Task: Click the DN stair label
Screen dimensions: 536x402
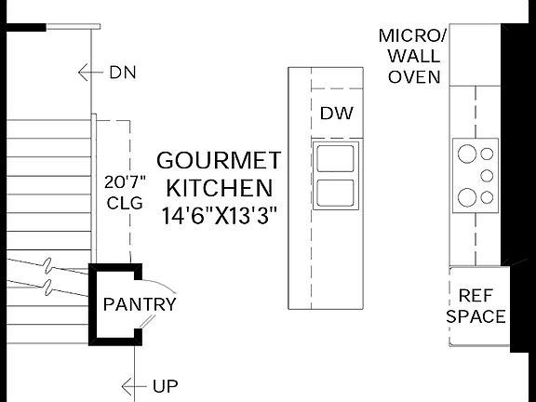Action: (123, 73)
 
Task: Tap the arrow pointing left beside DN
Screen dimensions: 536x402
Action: (90, 73)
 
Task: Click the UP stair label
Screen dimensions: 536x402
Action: (166, 386)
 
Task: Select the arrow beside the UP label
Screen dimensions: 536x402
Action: (134, 386)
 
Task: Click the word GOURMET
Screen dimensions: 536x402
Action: (219, 161)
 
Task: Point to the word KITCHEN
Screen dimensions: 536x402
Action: (220, 188)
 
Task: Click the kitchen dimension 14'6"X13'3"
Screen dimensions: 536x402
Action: (219, 216)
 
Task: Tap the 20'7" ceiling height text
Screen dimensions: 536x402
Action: (125, 182)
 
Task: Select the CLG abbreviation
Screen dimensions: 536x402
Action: (125, 203)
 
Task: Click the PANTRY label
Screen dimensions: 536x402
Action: (140, 304)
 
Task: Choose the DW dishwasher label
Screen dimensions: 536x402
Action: (337, 114)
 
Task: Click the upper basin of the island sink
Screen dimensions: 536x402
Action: (335, 158)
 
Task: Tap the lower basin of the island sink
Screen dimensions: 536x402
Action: (335, 193)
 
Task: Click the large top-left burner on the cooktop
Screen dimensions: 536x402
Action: (467, 154)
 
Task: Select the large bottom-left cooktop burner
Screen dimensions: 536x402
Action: (467, 197)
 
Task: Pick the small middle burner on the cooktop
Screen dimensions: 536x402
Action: (487, 176)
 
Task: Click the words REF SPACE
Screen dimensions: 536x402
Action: (476, 306)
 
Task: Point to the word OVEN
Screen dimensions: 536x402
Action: (414, 77)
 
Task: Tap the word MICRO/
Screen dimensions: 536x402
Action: (412, 36)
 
